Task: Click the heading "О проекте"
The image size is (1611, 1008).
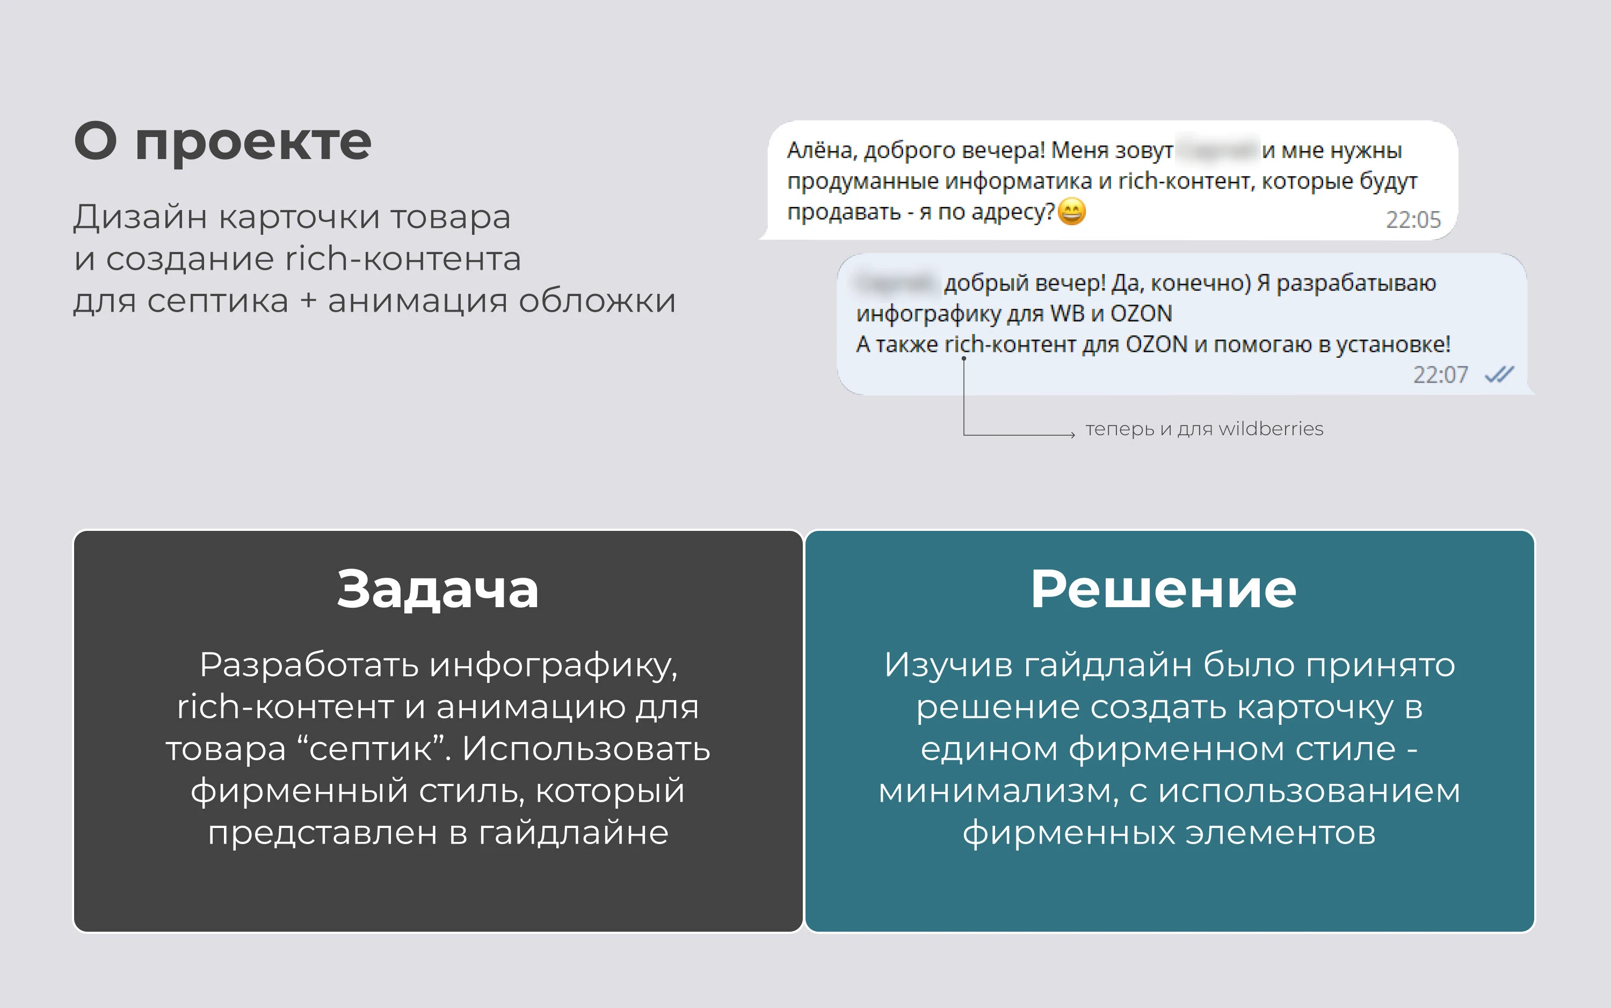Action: point(222,141)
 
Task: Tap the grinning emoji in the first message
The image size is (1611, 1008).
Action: point(1072,212)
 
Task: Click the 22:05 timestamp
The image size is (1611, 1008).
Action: point(1413,220)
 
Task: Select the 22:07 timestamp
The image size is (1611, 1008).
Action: point(1440,375)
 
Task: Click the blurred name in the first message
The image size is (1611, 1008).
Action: point(1217,150)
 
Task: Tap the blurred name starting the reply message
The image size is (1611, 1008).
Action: point(896,283)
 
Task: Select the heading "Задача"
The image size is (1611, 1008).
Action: point(438,589)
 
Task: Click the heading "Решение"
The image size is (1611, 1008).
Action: point(1163,589)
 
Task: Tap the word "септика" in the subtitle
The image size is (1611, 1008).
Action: point(218,301)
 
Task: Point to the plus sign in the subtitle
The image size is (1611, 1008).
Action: point(308,301)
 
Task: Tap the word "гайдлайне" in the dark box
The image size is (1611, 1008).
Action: point(573,833)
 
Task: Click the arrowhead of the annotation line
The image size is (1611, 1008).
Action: point(1072,435)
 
